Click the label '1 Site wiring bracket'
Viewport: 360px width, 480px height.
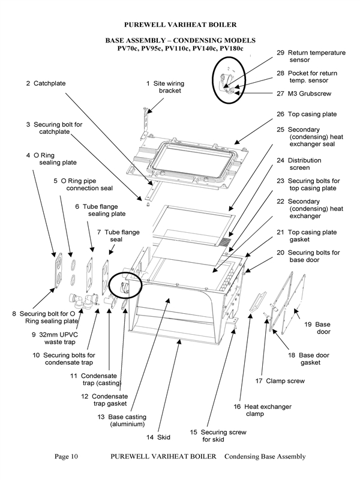[164, 87]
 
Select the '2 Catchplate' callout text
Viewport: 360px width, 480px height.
[46, 83]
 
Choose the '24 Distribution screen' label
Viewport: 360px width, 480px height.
[307, 164]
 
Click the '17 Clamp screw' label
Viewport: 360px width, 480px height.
[280, 381]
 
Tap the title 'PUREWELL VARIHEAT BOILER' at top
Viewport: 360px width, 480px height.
[180, 25]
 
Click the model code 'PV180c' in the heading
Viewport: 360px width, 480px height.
[231, 48]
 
